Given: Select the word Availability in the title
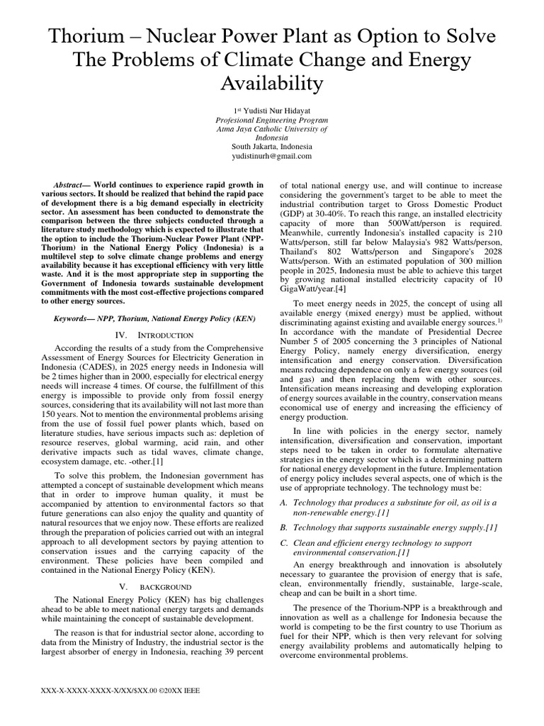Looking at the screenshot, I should (272, 84).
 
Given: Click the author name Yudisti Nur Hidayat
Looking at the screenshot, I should (276, 111).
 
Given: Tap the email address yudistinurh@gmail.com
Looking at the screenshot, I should (272, 156).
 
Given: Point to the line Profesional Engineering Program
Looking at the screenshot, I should (272, 121).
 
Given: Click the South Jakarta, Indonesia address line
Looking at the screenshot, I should (272, 147).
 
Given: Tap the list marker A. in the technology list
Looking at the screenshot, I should (286, 503).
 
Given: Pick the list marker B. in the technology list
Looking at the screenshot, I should (286, 527).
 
